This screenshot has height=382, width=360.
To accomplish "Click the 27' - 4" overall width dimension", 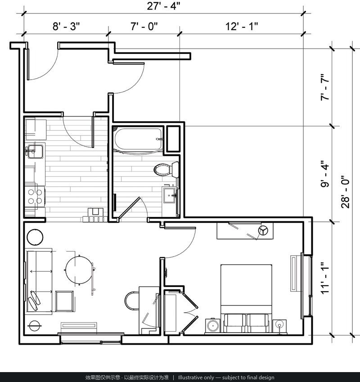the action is pos(163,6).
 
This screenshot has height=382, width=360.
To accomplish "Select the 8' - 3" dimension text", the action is pos(66,26).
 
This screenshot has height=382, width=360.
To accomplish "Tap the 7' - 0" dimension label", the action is pos(144,26).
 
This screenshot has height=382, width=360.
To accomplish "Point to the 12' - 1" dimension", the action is pos(242,26).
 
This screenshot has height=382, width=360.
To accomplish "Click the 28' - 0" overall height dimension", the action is pos(346,192).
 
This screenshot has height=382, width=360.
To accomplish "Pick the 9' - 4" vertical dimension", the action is pos(325,174).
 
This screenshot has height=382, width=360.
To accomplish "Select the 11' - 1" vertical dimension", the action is pos(325,278).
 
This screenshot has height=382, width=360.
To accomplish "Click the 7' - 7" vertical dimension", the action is pos(325,87).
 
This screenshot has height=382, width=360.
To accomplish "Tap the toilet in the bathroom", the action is pos(166,169).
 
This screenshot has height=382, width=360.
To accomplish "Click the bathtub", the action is pos(138,139).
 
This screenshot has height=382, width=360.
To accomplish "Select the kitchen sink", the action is pos(35,151).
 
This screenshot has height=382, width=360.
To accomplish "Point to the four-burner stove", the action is pos(35,196).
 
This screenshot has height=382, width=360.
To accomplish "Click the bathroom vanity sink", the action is pos(170,195).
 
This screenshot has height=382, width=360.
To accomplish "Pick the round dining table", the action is pos(78,270).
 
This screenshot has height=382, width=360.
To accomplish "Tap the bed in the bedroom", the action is pos(246,298).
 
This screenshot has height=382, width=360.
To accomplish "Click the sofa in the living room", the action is pos(39,281).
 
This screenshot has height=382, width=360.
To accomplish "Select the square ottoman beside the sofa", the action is pos(64,301).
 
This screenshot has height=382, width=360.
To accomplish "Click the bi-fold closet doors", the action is pos(190,312).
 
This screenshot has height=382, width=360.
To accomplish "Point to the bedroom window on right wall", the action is pos(307,286).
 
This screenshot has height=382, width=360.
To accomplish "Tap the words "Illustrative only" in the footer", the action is pos(196,378).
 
